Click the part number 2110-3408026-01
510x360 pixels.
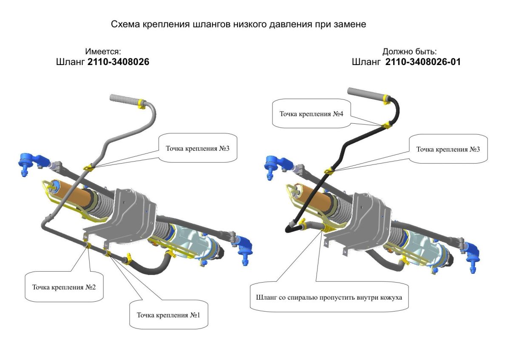click(423, 62)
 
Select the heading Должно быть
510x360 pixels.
click(409, 51)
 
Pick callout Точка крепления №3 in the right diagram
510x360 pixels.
click(448, 149)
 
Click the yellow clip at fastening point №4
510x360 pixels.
click(387, 125)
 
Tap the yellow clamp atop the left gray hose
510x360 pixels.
click(141, 102)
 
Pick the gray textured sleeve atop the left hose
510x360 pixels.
click(124, 99)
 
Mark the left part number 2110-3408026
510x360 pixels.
click(118, 62)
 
